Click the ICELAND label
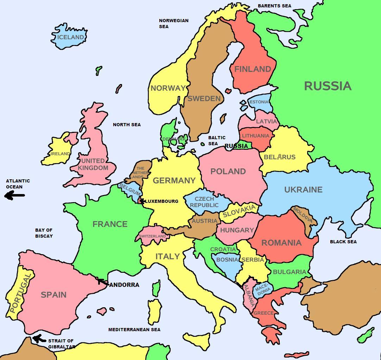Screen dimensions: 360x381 71,37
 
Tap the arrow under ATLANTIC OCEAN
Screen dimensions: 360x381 15,195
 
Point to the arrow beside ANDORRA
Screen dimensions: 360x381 103,282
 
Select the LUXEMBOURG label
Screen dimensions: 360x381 162,201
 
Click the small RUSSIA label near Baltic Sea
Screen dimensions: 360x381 236,146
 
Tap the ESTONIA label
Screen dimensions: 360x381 259,102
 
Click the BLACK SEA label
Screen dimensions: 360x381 343,242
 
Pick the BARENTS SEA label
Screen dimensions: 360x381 274,6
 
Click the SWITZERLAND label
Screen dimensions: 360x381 152,236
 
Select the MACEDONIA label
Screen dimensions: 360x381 263,289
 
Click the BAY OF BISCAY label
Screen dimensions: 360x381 44,233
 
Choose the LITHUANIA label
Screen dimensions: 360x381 255,136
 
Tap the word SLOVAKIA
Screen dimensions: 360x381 239,211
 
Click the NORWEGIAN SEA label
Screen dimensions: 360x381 173,23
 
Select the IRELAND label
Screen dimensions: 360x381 60,154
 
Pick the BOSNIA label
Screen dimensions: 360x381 227,259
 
